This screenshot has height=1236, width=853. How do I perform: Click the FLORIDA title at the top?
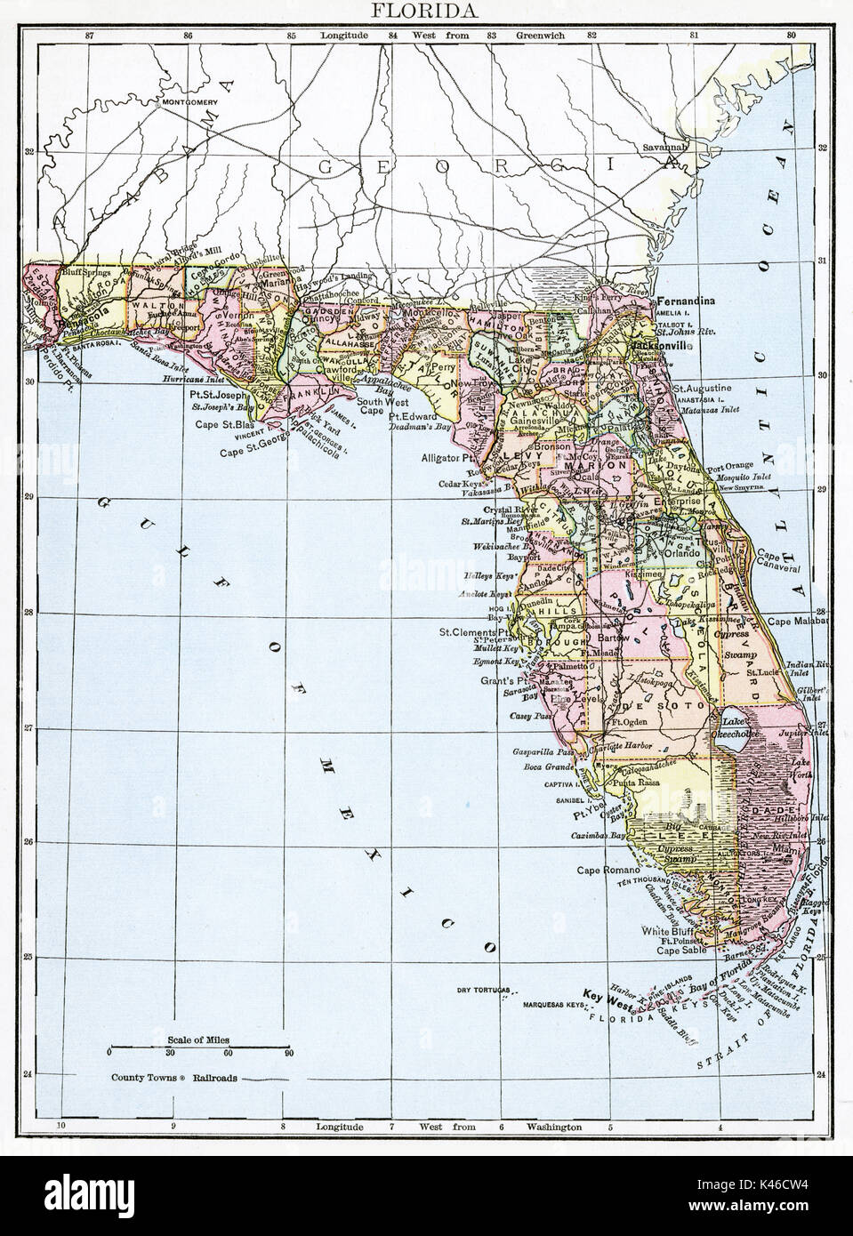(426, 11)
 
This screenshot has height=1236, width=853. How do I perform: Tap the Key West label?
(608, 993)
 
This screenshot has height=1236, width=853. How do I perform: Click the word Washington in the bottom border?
(553, 1127)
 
